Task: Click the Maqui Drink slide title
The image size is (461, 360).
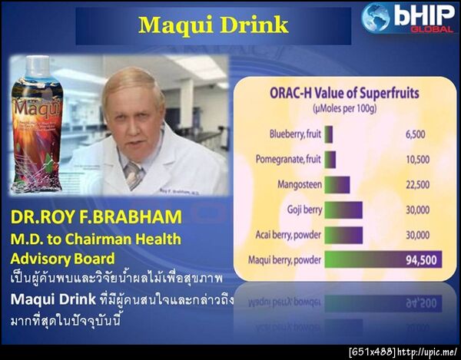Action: (213, 25)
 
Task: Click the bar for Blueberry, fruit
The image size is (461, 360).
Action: (329, 134)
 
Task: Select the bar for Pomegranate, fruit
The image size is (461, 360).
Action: (330, 159)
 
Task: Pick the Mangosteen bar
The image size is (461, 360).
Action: (337, 184)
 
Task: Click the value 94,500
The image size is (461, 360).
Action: (420, 259)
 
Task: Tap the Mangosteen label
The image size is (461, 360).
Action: (297, 184)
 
